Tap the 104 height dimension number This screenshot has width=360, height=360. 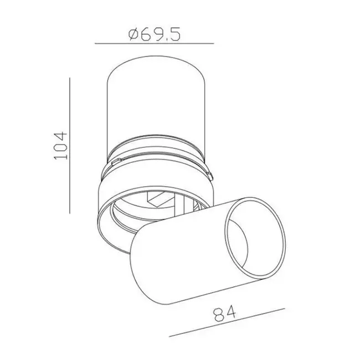point(60,146)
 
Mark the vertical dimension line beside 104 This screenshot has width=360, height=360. point(69,146)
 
